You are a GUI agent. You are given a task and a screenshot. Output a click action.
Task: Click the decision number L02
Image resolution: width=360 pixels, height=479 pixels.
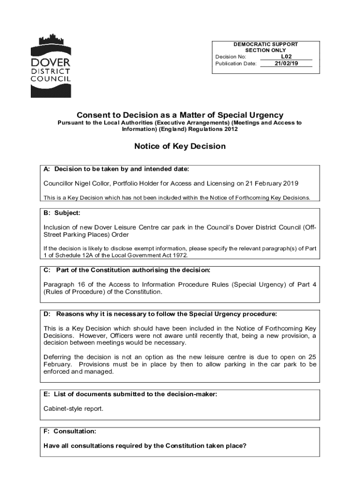(x=286, y=57)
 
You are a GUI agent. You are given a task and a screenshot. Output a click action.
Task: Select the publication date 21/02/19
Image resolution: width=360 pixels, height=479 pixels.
(x=286, y=63)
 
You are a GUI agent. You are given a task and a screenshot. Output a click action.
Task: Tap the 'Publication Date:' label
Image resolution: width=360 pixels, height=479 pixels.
(x=236, y=64)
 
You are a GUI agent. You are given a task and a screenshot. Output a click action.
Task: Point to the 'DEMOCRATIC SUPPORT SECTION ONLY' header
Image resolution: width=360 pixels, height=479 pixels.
(x=266, y=47)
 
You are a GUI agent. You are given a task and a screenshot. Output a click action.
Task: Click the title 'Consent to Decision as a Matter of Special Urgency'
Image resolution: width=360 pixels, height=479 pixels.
(x=180, y=115)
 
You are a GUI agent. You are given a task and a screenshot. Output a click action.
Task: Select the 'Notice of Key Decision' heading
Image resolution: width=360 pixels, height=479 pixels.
(x=180, y=146)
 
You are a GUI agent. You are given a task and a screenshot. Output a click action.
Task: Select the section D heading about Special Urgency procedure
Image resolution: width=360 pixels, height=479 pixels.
(x=160, y=313)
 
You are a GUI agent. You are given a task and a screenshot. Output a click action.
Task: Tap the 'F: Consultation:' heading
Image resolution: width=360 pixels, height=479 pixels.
(x=70, y=431)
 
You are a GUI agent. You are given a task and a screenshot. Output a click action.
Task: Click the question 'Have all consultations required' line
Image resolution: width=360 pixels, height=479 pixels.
(x=144, y=446)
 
